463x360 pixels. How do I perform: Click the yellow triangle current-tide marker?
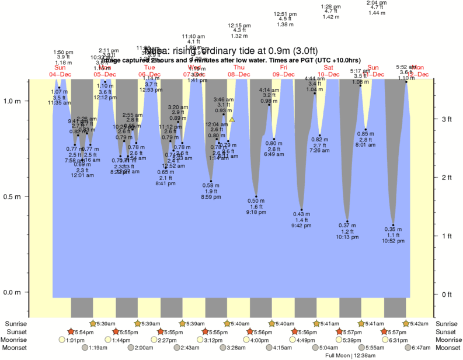point(232,119)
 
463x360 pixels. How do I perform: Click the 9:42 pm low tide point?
point(301,210)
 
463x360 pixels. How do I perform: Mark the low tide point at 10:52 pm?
point(394,225)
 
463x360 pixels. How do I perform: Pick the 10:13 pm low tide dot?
point(347,221)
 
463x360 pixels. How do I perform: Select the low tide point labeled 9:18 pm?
point(256,196)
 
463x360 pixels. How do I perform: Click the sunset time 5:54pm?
point(81,332)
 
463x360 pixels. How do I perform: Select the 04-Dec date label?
point(60,74)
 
